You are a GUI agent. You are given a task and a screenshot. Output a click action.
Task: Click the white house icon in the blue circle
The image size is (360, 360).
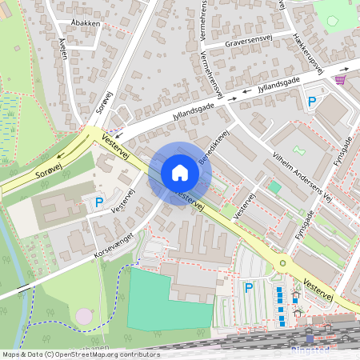click(180, 172)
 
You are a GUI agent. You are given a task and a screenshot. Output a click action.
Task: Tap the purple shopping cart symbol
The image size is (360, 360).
click(341, 78)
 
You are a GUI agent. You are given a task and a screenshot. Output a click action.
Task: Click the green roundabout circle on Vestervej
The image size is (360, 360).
click(282, 263)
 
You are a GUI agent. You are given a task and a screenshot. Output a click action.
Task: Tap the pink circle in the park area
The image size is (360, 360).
click(84, 316)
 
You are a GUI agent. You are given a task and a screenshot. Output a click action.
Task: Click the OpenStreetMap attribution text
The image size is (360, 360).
click(81, 354)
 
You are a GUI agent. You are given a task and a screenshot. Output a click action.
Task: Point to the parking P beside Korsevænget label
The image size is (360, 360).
click(99, 203)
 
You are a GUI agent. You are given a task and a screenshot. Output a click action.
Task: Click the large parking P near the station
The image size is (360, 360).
click(249, 287)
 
